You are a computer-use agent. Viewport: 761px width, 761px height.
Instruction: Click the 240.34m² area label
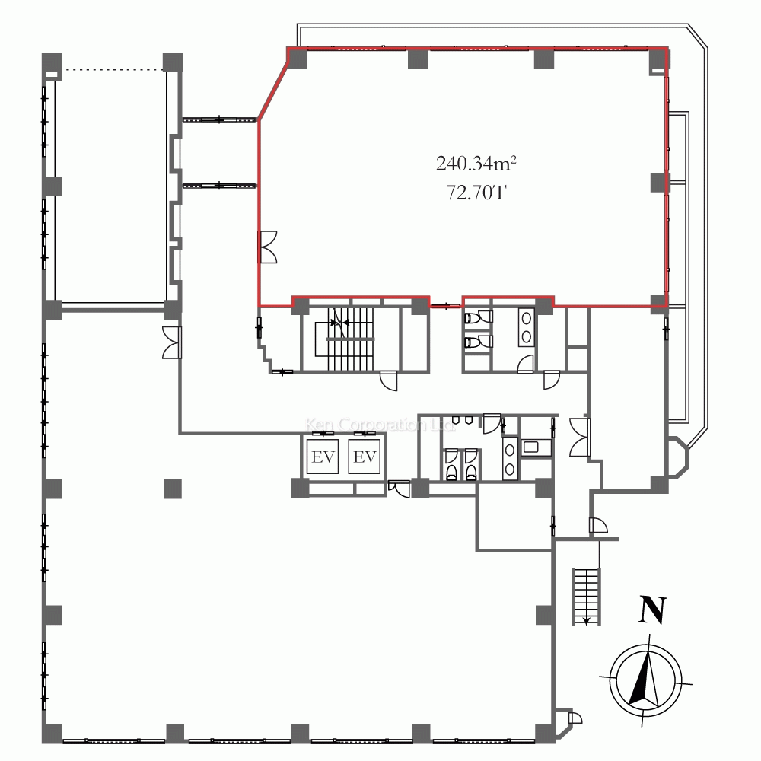471,163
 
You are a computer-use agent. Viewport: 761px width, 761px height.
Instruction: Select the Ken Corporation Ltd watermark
374,425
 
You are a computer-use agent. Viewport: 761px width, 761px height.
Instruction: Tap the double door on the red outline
268,247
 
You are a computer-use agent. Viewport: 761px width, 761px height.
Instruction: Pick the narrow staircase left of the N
586,595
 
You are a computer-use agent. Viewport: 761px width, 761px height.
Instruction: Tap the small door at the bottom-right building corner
575,718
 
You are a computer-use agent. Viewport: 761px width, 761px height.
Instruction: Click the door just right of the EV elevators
398,489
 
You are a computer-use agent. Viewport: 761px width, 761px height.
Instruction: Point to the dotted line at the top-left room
113,71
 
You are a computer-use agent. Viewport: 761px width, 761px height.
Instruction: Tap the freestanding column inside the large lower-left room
173,488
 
